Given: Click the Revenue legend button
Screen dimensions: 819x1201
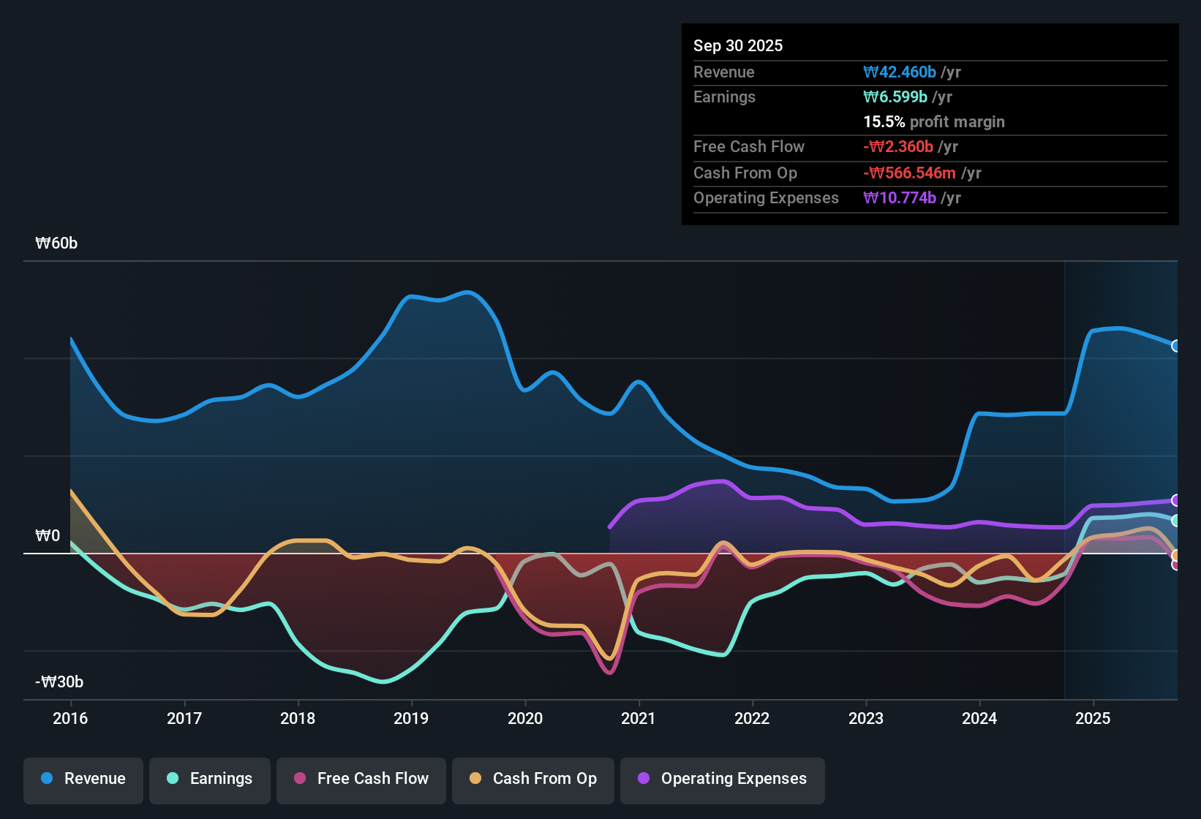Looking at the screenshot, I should tap(83, 780).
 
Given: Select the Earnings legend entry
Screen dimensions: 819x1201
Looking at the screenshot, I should tap(210, 780).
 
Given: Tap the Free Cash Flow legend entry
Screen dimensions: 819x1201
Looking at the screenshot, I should tap(361, 780).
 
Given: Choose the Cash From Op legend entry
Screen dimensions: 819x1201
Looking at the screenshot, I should tap(533, 780).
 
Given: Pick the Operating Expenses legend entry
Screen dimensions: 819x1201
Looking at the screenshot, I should tap(723, 780).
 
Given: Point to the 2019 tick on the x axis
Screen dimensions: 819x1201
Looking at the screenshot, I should tap(411, 719).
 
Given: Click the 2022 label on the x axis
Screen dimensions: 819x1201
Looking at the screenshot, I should tap(752, 719).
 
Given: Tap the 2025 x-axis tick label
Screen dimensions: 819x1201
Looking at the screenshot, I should tap(1093, 719).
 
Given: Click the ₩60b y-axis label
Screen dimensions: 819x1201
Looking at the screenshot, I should tap(56, 244).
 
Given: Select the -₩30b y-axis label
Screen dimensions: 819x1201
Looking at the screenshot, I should tap(59, 682).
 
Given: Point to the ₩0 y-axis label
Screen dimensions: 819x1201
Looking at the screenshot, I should tap(48, 536).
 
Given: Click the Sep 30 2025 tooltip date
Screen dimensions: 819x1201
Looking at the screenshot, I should tap(737, 46).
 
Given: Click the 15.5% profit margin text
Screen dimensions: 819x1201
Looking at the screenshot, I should tap(933, 122).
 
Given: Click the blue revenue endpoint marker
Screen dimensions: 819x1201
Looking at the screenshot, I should tap(1175, 346).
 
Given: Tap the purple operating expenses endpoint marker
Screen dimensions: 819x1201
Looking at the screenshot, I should tap(1175, 500).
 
